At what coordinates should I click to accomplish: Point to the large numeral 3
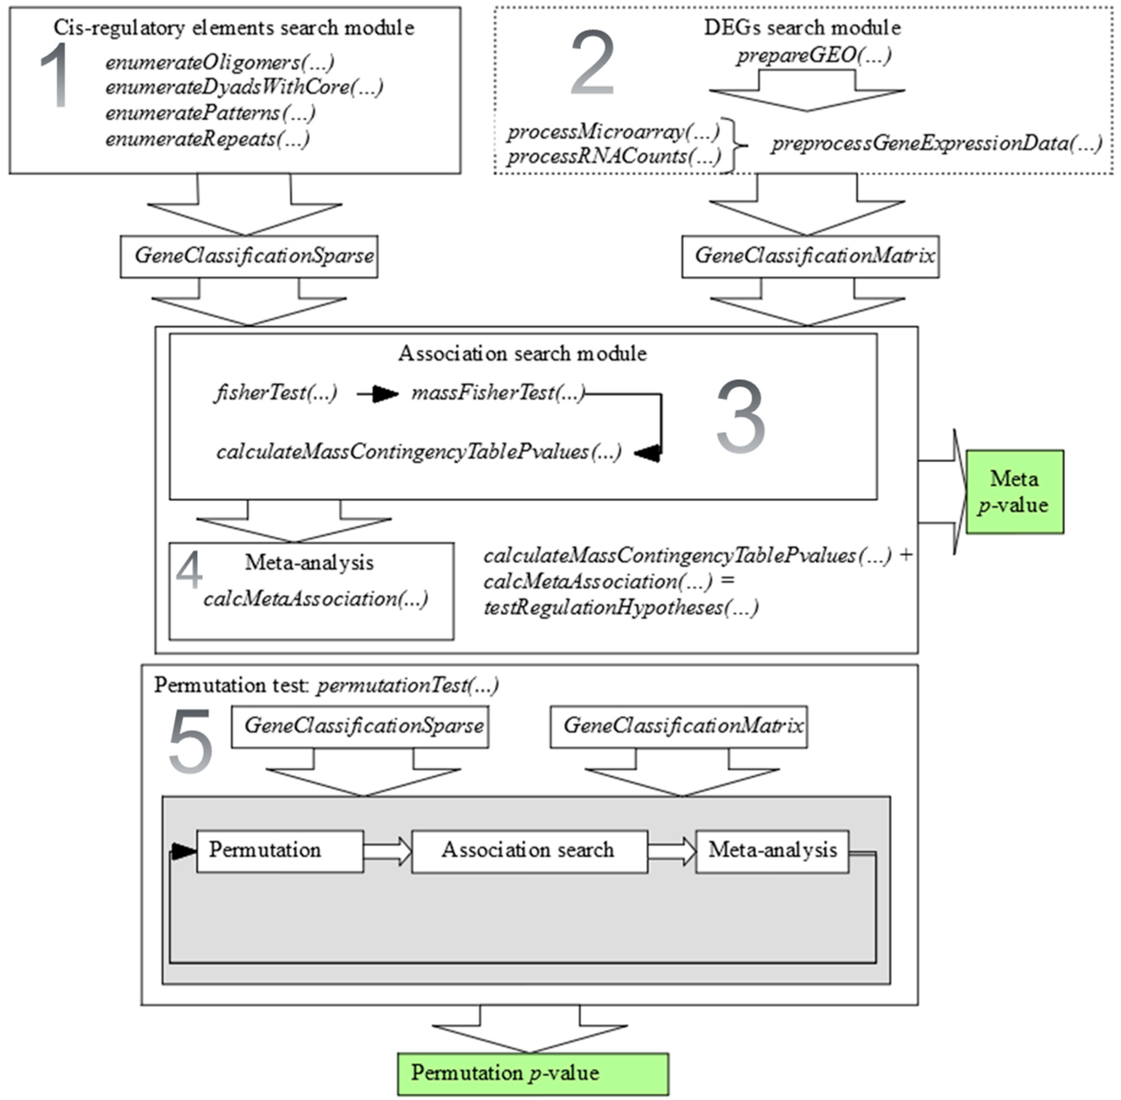741,417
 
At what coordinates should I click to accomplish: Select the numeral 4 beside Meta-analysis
189,571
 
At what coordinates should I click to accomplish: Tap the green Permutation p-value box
532,1074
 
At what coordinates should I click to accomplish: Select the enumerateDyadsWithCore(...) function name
244,87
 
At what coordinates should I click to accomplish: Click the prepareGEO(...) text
814,55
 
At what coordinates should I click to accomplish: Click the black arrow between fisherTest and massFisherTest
378,395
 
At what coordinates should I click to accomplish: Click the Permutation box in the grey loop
280,851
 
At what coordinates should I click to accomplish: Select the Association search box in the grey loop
529,851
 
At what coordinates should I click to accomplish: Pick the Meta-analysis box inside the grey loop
772,851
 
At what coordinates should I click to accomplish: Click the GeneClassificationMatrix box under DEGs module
810,256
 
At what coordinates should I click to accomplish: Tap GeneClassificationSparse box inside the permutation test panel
360,726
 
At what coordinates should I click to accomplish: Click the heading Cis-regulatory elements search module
234,28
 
